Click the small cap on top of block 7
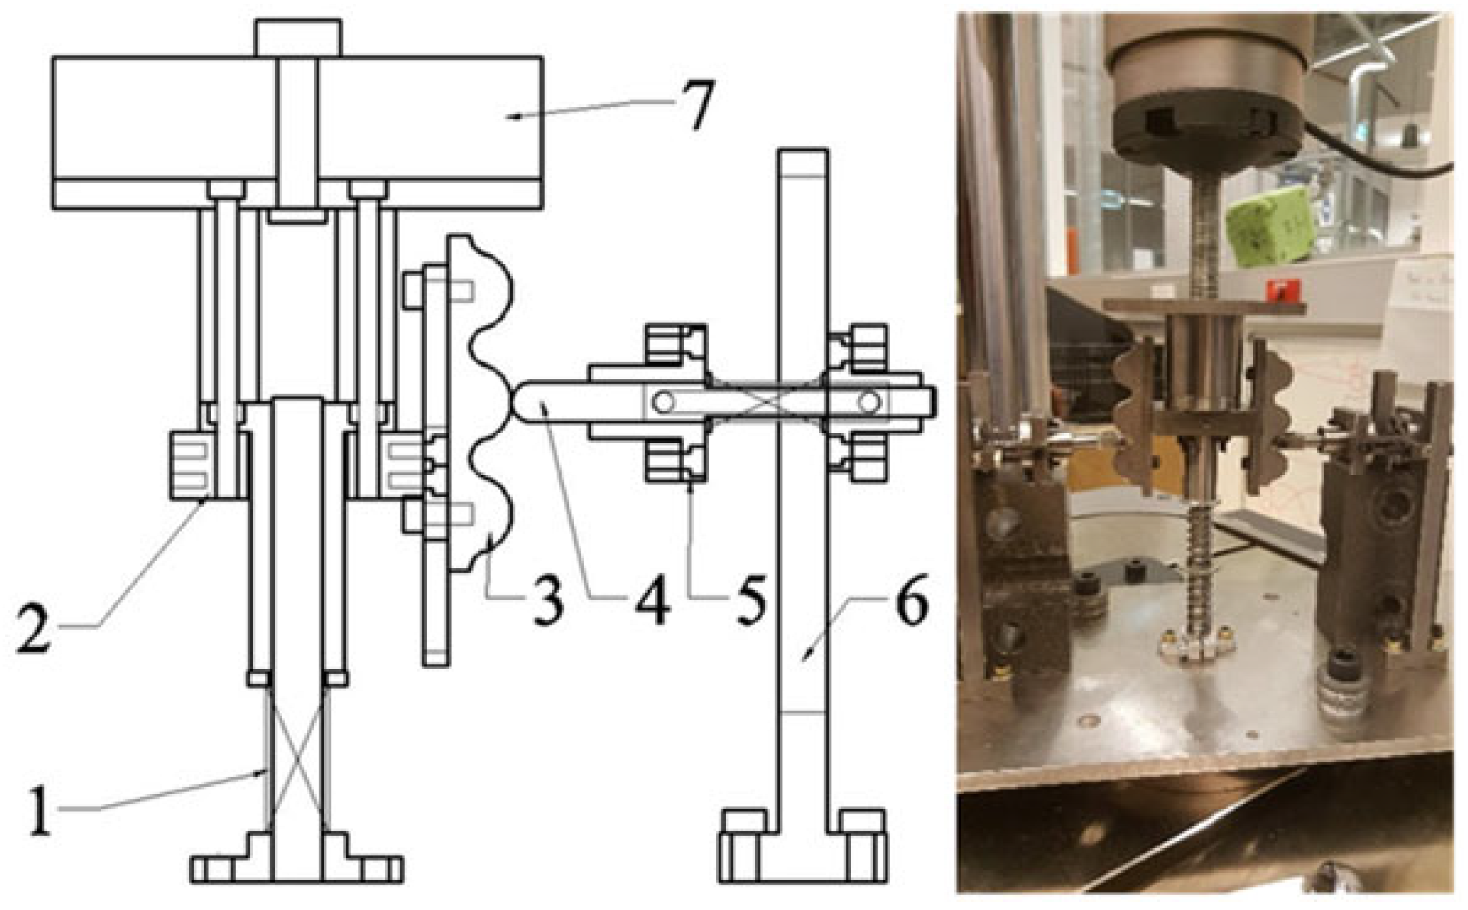click(298, 38)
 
